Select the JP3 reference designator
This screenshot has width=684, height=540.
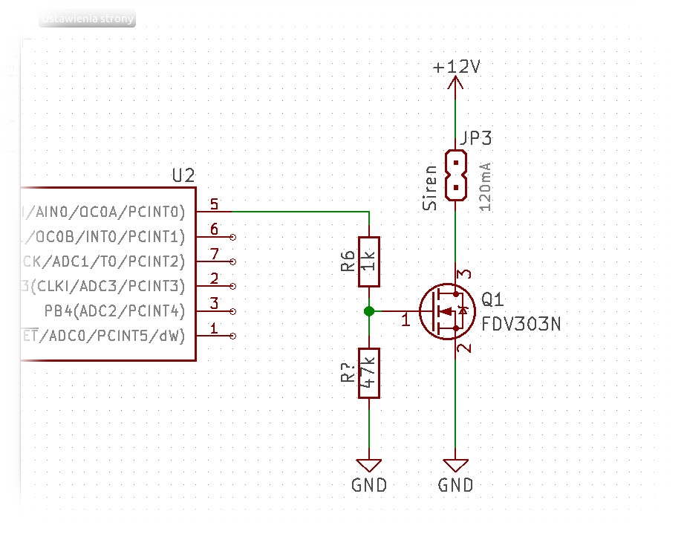(475, 138)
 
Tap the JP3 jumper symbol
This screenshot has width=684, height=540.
(455, 176)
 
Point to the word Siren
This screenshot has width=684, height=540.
(430, 188)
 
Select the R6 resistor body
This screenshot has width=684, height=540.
(369, 261)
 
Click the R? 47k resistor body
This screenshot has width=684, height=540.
(369, 373)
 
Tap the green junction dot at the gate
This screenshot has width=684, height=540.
(369, 311)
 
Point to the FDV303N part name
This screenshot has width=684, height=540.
(521, 324)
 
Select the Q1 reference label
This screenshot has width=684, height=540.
(492, 300)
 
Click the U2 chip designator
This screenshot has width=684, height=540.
(183, 176)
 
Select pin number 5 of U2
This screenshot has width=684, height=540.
(214, 204)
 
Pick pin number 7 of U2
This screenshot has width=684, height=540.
(214, 255)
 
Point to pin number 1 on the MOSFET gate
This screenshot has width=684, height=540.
(405, 322)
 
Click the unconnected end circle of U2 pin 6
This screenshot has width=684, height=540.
(234, 237)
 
